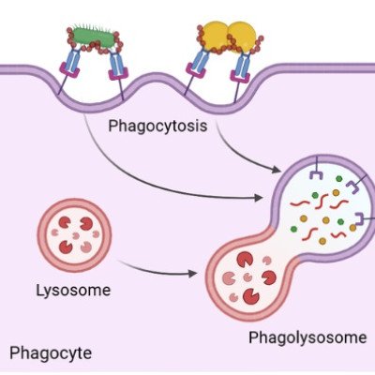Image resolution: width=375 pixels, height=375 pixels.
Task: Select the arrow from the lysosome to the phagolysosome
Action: [159, 271]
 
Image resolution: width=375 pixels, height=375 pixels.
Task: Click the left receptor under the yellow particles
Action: [196, 69]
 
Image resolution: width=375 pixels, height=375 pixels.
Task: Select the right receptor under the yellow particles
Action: [242, 69]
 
